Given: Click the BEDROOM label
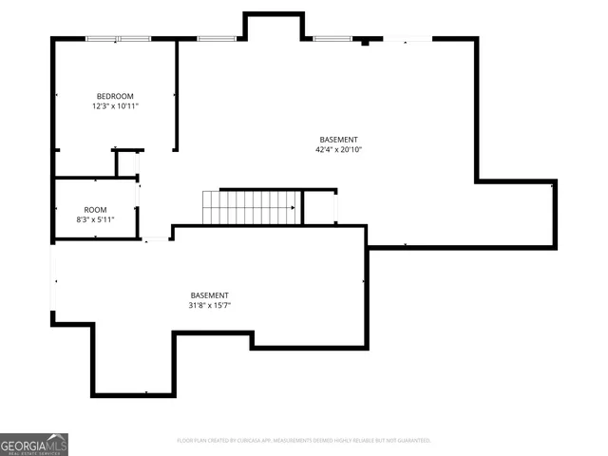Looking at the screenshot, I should pyautogui.click(x=114, y=96).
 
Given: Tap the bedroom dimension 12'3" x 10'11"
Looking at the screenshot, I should pyautogui.click(x=114, y=106).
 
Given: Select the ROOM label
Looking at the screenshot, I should pyautogui.click(x=95, y=210).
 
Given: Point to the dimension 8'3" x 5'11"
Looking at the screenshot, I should pyautogui.click(x=95, y=220).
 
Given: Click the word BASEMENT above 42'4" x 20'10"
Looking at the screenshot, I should pyautogui.click(x=338, y=140).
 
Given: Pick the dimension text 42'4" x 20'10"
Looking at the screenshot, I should pyautogui.click(x=338, y=149).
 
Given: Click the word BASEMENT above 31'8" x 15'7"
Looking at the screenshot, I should pyautogui.click(x=209, y=295).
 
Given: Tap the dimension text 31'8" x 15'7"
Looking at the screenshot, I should pyautogui.click(x=209, y=306).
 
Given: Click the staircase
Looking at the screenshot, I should pyautogui.click(x=252, y=207).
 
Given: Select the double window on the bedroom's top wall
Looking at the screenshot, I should pyautogui.click(x=118, y=39).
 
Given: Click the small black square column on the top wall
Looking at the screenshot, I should pyautogui.click(x=365, y=42).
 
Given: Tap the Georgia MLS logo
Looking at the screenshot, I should pyautogui.click(x=34, y=444).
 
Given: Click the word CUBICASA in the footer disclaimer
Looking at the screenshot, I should pyautogui.click(x=250, y=441).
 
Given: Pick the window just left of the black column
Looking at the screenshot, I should pyautogui.click(x=332, y=39).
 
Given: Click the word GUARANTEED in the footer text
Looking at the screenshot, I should pyautogui.click(x=411, y=441).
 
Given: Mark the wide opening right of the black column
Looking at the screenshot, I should pyautogui.click(x=407, y=39).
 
